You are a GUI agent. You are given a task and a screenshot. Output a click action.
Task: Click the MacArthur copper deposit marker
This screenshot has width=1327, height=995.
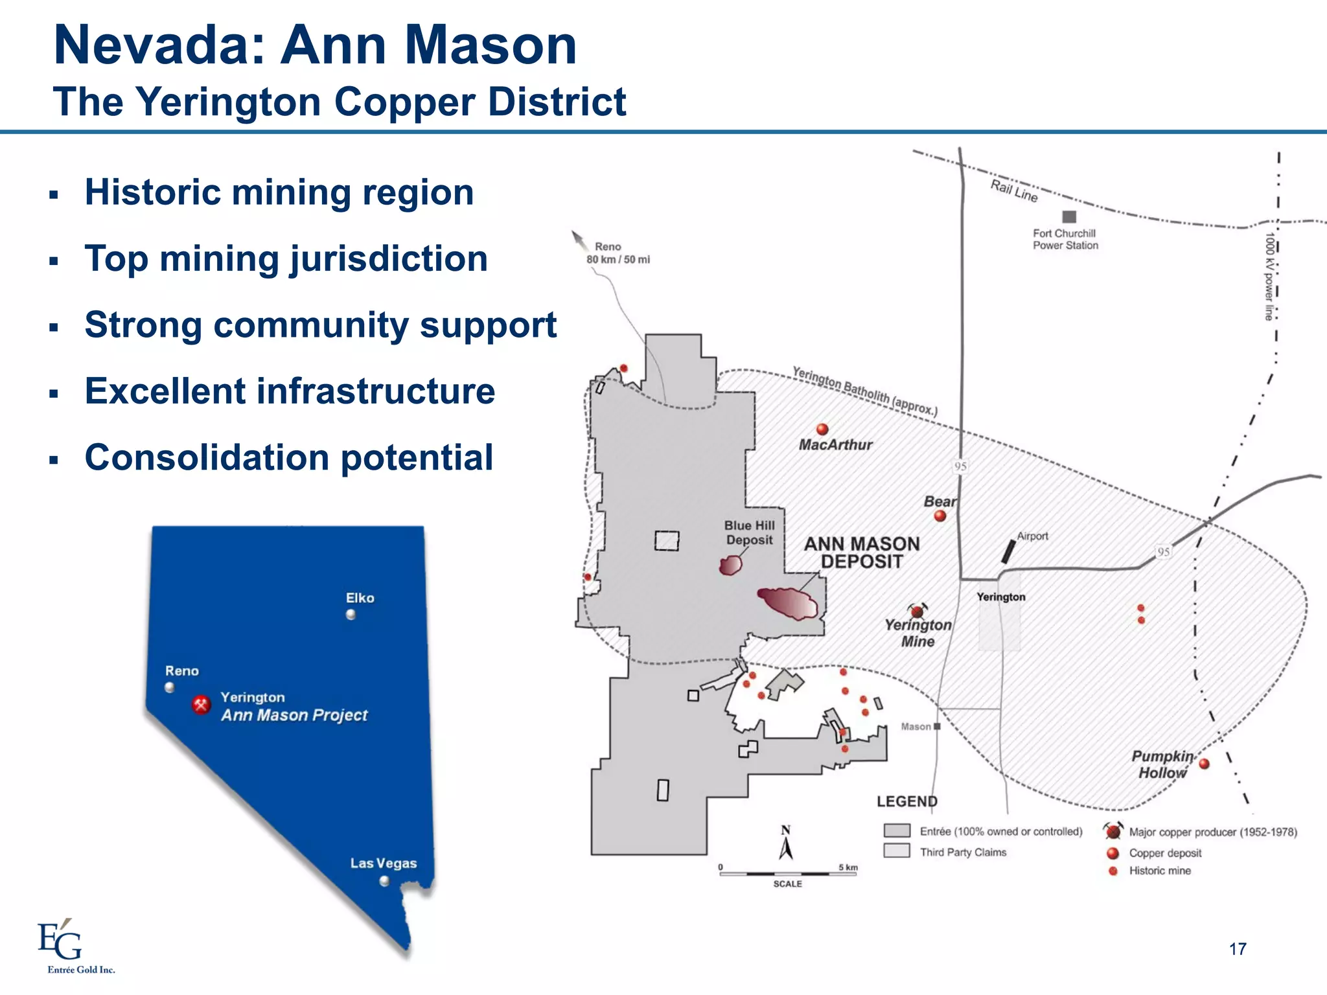tap(822, 429)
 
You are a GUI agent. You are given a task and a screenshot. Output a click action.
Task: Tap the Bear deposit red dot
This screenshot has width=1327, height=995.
tap(940, 516)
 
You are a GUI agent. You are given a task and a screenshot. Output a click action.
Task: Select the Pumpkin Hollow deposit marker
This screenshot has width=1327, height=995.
tap(1204, 764)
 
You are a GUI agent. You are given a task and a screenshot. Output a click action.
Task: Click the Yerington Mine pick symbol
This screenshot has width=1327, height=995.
tap(917, 611)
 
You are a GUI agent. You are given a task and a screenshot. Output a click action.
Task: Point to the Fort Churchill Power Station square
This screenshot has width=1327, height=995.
tap(1069, 217)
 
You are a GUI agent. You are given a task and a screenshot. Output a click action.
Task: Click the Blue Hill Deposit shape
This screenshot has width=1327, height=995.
tap(731, 566)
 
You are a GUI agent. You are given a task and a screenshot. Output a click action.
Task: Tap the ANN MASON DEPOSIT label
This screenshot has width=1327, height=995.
tap(862, 553)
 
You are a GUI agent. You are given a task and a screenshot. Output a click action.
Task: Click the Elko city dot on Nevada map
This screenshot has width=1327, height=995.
tap(351, 615)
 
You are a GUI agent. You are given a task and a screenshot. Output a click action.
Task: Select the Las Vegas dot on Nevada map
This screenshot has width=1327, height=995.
tap(384, 881)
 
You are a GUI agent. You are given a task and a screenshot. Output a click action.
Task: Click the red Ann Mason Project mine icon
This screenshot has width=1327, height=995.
tap(202, 704)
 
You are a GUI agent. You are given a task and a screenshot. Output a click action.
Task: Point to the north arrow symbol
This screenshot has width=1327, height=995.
tap(786, 846)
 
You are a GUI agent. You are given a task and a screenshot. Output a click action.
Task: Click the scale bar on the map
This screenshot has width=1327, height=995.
tap(787, 874)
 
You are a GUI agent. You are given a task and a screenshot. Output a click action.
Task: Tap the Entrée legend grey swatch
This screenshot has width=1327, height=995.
tap(897, 831)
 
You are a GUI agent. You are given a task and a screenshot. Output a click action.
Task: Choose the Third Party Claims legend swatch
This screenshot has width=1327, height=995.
tap(897, 851)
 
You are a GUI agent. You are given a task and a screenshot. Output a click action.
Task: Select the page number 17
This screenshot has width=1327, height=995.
tap(1237, 949)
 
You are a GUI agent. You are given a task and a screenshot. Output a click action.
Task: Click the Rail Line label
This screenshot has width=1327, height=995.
tap(1014, 191)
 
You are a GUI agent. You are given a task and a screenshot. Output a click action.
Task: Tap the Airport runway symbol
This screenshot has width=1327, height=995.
tap(1008, 551)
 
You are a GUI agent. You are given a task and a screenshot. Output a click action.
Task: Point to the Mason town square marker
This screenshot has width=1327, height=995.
tap(937, 726)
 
